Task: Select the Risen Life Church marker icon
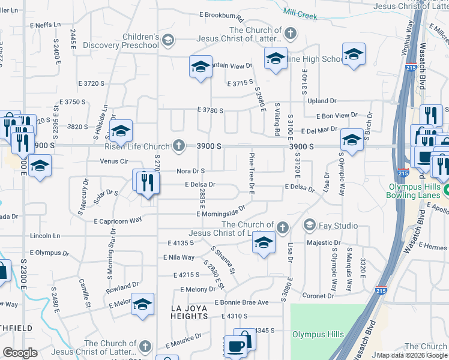[178, 146]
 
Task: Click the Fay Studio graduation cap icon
[310, 226]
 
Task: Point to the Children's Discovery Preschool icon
[169, 41]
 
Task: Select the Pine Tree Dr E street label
[252, 173]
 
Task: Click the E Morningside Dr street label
[220, 212]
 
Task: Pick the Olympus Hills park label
[318, 334]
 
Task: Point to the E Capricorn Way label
[118, 220]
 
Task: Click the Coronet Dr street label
[318, 296]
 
